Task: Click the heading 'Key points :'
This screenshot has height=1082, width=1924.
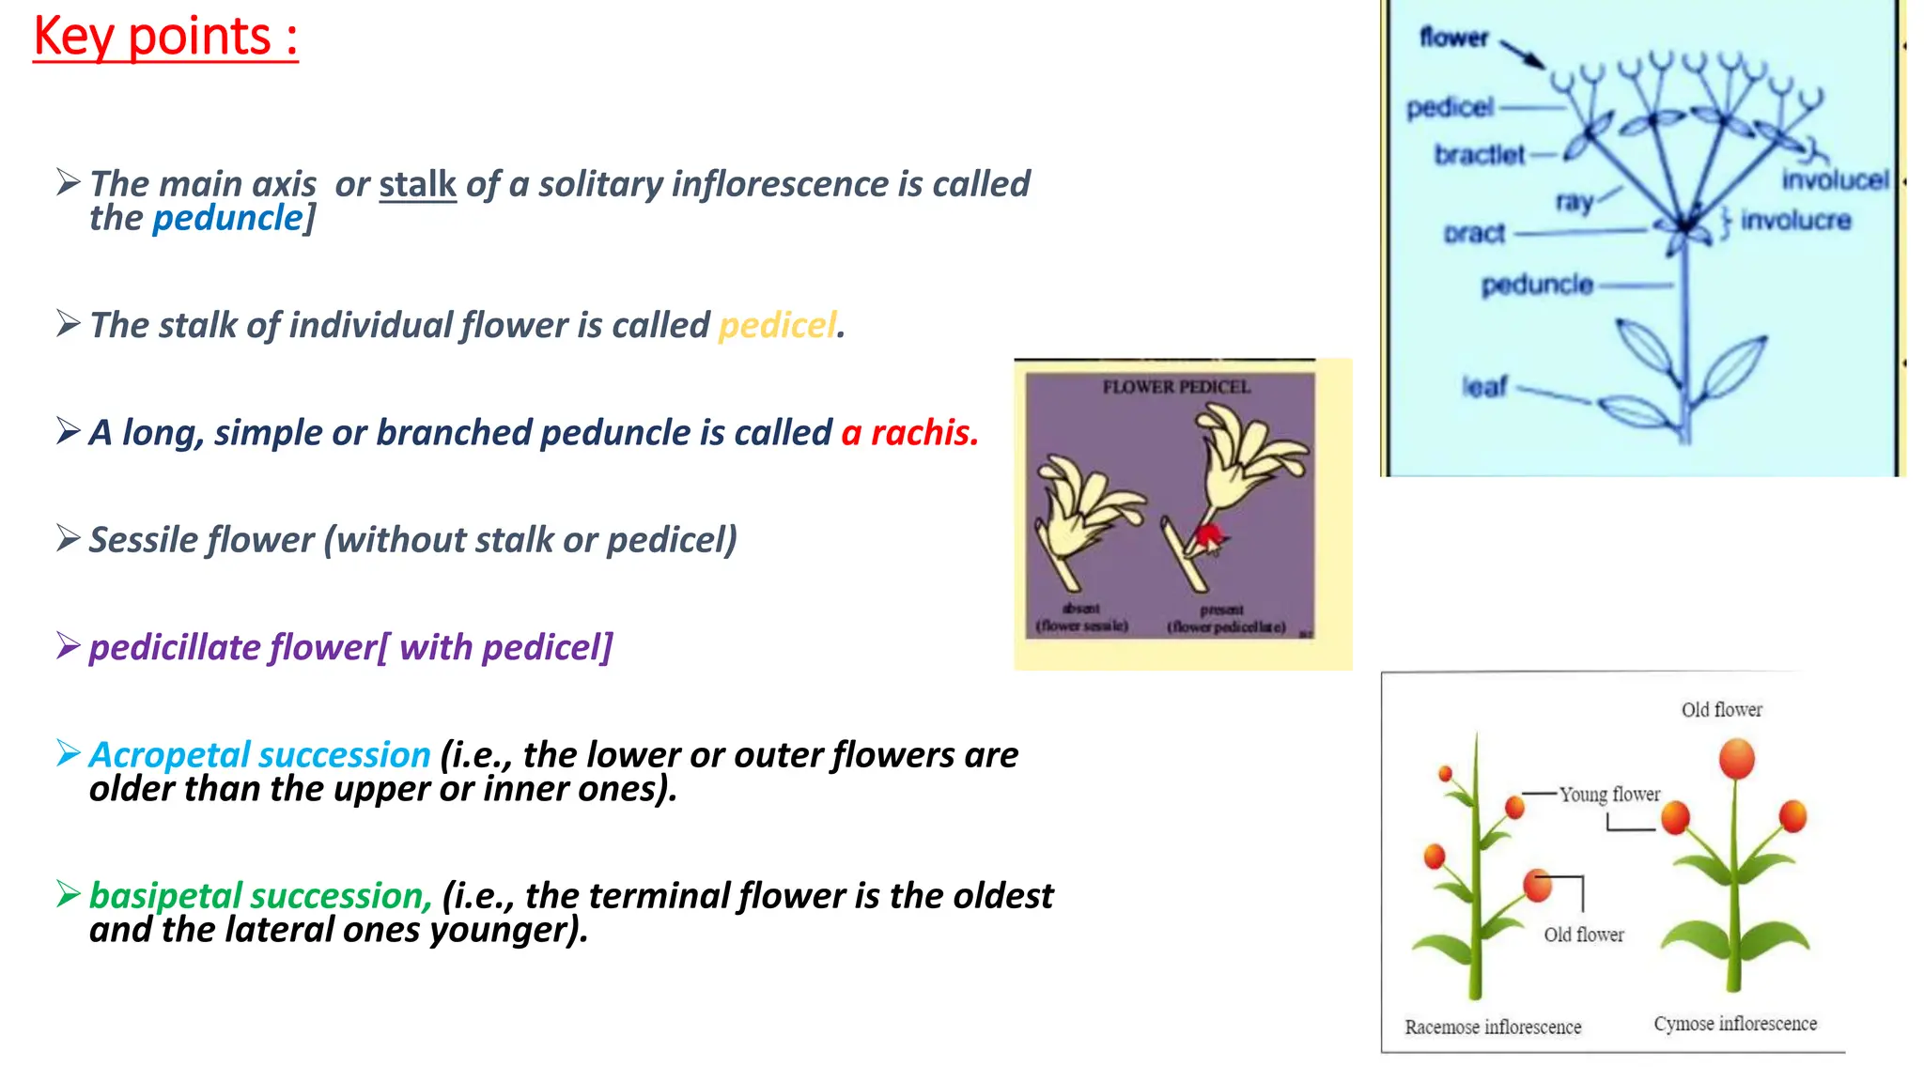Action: pos(165,38)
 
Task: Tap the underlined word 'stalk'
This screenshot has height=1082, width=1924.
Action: pos(417,184)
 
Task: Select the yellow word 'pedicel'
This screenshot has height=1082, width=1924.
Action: pos(777,325)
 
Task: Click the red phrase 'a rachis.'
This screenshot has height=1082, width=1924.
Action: pos(909,433)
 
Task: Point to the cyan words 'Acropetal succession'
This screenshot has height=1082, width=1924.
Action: pos(259,755)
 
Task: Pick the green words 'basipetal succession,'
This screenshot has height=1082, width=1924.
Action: pos(260,896)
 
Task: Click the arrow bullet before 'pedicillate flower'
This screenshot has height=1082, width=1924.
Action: pos(68,646)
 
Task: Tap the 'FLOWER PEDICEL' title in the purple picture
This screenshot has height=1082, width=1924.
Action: pos(1175,387)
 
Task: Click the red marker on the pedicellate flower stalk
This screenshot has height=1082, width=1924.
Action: pos(1207,538)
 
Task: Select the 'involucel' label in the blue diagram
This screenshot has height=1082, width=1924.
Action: pos(1834,179)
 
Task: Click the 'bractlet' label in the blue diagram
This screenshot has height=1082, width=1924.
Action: pos(1479,154)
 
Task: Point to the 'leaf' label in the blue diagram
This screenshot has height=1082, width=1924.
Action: pos(1484,386)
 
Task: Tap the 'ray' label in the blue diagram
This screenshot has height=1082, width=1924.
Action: pos(1574,201)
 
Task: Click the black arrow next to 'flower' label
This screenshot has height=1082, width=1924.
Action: pos(1522,54)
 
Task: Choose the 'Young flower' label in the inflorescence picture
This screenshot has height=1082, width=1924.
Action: pos(1609,795)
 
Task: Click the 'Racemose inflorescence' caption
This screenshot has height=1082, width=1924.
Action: pos(1492,1028)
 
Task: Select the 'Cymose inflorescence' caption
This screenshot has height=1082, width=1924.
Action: pos(1734,1024)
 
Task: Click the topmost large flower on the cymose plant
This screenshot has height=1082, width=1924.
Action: pos(1737,757)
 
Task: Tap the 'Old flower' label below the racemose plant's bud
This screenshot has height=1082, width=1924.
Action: pos(1583,935)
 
